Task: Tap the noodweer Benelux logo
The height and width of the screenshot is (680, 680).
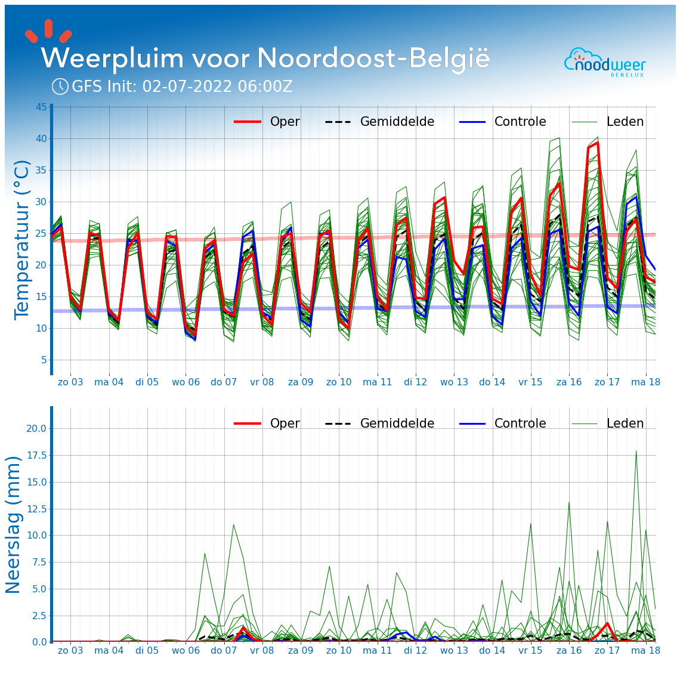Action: (605, 62)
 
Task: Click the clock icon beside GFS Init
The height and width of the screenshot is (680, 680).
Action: (60, 86)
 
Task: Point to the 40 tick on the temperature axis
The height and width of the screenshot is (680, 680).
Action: (41, 139)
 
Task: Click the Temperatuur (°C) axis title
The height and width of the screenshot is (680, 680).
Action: (22, 239)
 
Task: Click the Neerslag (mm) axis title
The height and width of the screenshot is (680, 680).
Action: (13, 524)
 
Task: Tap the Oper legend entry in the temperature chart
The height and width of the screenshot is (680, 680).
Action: (267, 122)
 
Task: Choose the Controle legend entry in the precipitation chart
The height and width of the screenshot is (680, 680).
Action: (502, 424)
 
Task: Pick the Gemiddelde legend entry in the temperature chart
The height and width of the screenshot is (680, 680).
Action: (379, 122)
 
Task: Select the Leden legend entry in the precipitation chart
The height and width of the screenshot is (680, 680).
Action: (608, 424)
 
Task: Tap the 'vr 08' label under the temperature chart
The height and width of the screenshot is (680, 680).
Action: (262, 382)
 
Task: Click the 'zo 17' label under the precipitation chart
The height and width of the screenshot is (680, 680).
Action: (607, 650)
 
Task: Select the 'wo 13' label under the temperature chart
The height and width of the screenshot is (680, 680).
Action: (454, 382)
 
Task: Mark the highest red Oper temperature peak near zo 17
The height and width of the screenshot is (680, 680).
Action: (597, 143)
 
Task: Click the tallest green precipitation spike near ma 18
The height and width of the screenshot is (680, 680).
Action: (636, 451)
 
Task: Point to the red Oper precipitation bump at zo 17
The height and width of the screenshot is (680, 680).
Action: (607, 623)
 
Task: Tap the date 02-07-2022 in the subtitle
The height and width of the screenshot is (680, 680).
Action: (187, 87)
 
